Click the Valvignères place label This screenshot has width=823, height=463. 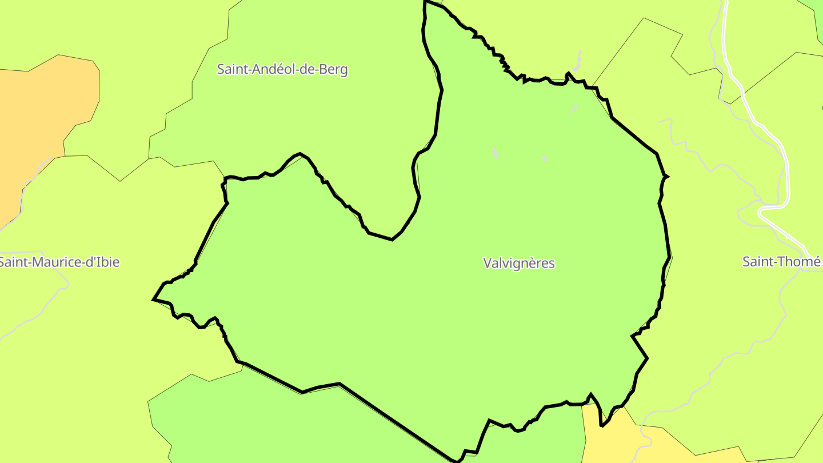point(519,263)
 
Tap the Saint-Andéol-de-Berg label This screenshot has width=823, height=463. point(282,70)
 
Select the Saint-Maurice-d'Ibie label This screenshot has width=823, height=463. point(59,262)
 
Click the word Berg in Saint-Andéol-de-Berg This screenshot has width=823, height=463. point(334,70)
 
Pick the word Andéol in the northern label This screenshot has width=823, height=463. point(271,70)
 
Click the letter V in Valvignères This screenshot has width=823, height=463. point(487,263)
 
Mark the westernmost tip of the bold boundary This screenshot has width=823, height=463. point(154,299)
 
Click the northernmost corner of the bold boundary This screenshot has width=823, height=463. point(425,2)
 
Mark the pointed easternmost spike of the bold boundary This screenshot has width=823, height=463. point(668,176)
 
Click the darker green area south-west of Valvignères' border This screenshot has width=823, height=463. point(286,423)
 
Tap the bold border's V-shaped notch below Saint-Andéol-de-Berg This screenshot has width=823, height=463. point(392,240)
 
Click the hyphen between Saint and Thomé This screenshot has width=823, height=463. point(772,262)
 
